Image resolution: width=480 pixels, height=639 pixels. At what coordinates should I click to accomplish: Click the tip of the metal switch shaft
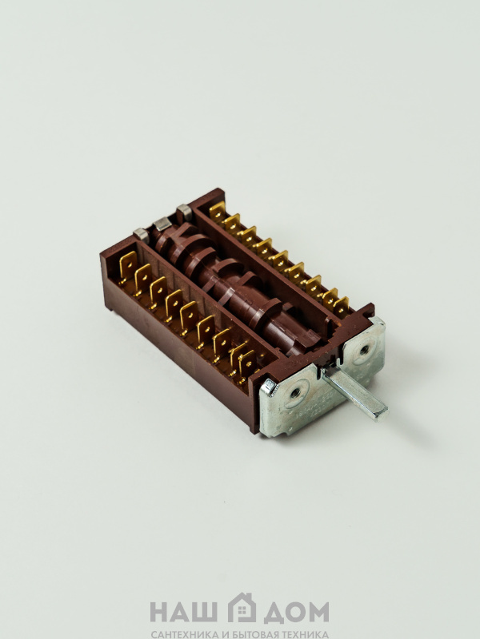pos(382,414)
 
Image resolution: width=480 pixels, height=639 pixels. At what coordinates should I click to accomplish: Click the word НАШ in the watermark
pos(183,612)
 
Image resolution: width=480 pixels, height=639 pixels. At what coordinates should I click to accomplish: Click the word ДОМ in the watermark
pos(296,613)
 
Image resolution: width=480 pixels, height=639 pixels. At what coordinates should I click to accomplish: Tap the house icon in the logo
pos(242,608)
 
